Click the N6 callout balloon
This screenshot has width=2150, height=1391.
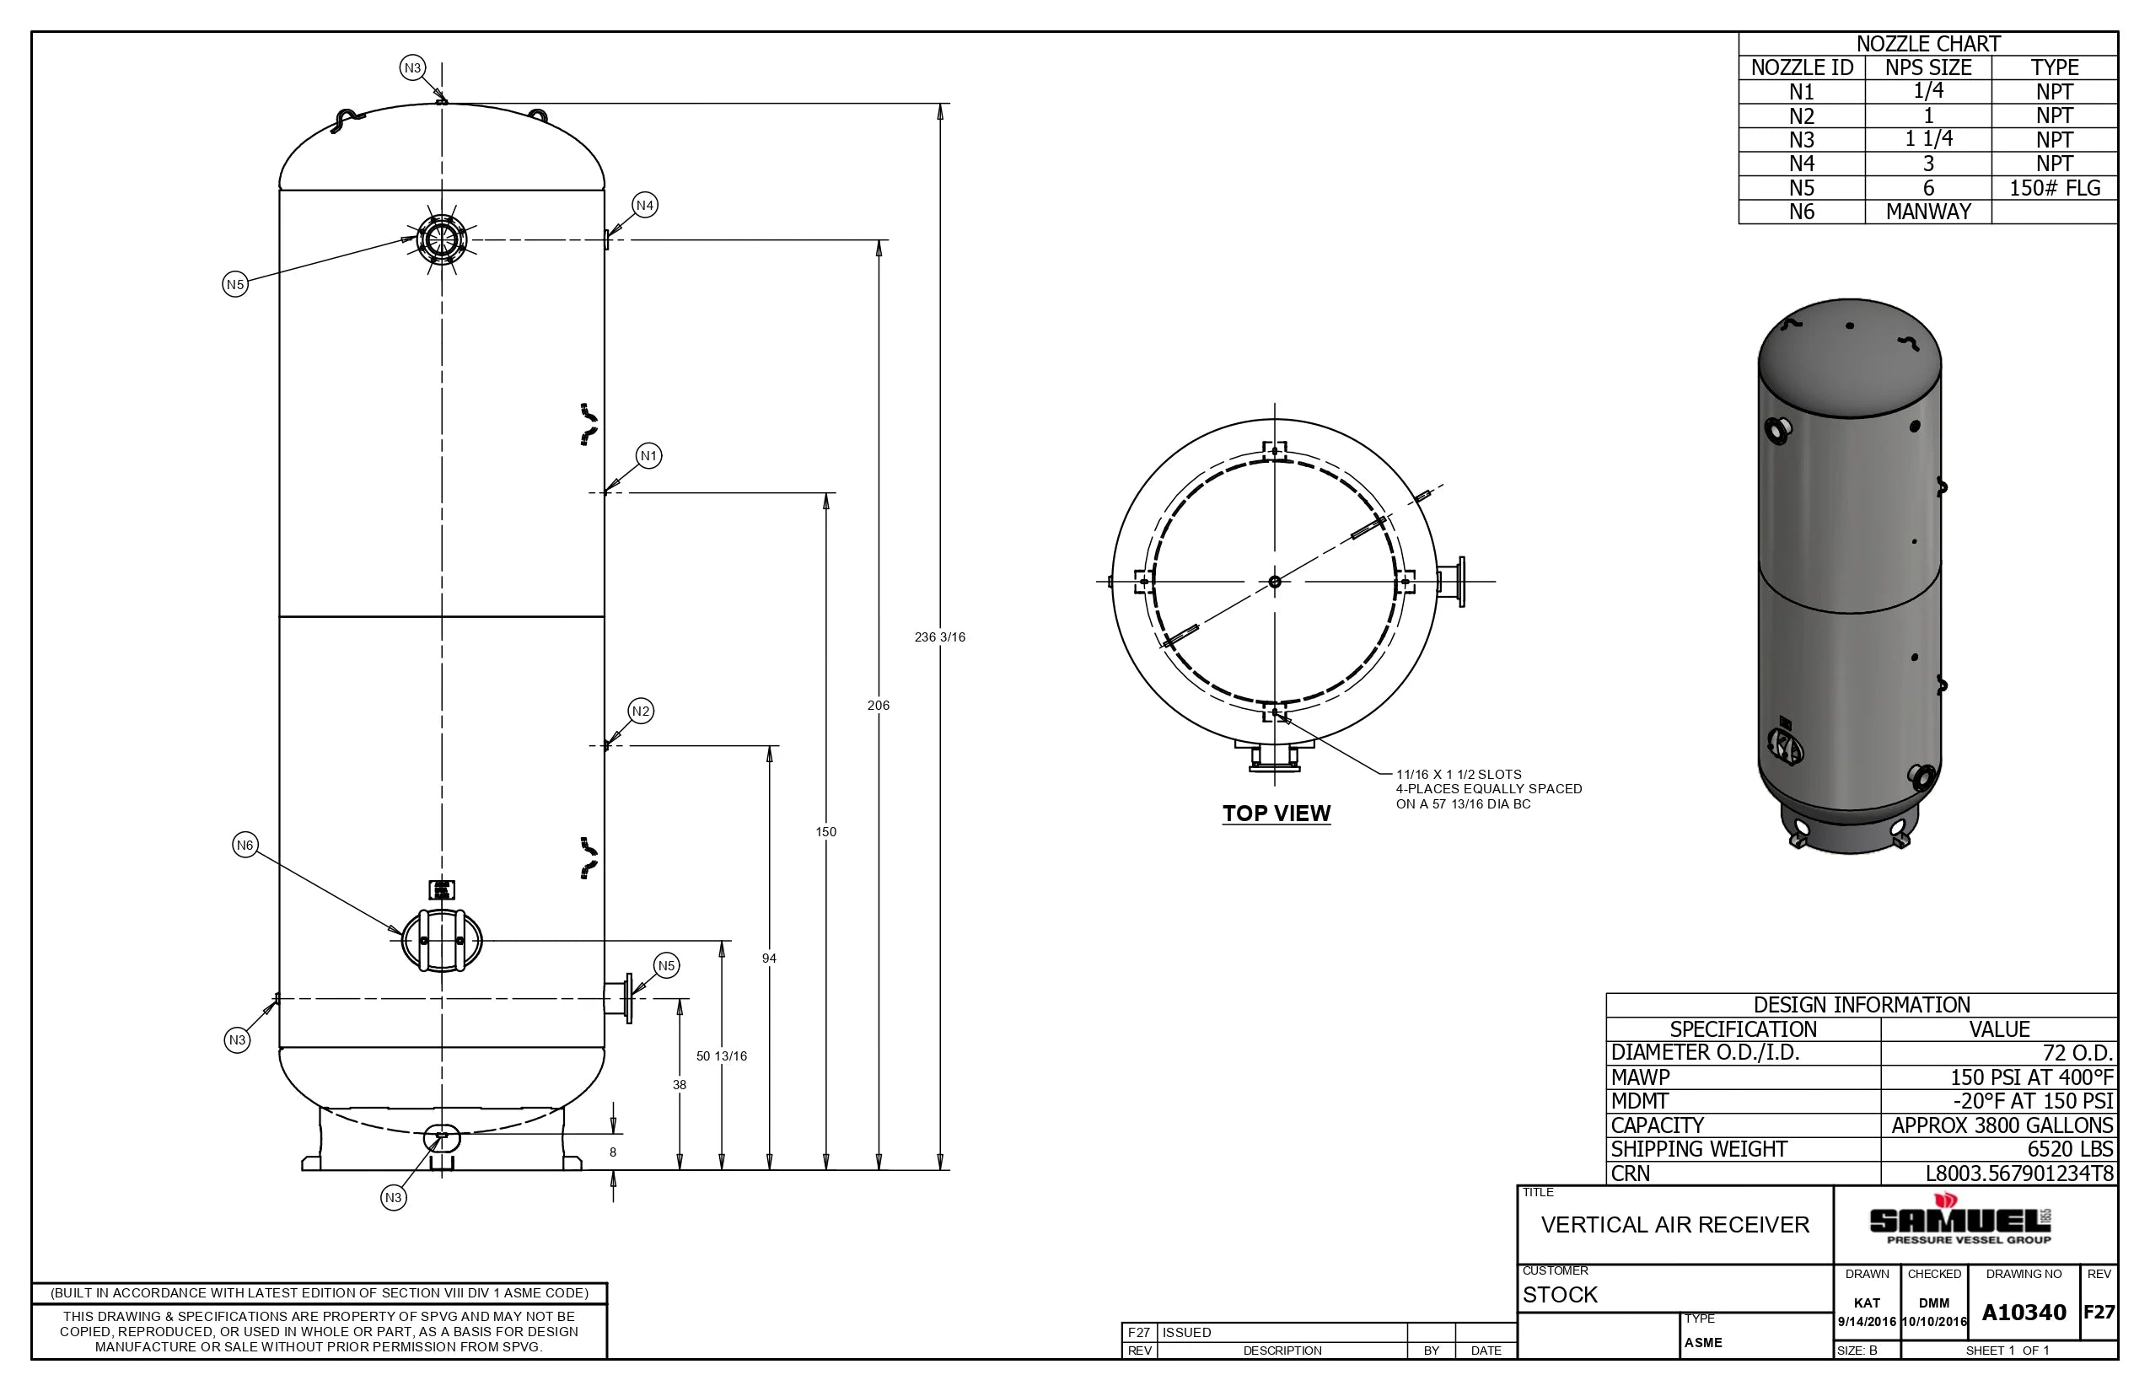click(x=245, y=845)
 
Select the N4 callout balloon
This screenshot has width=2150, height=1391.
click(x=644, y=205)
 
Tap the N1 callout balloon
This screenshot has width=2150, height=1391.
click(x=648, y=455)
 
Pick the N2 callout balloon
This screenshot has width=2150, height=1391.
click(x=641, y=711)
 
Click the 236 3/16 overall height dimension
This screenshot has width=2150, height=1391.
click(x=939, y=636)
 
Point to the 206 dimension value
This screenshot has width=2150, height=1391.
click(x=878, y=706)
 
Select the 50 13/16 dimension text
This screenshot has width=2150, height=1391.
click(x=721, y=1055)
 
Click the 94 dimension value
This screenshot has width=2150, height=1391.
click(x=769, y=959)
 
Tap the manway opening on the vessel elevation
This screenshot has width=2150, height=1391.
click(x=441, y=940)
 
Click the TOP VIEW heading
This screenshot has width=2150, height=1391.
click(x=1276, y=813)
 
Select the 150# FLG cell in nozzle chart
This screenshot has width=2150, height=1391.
click(x=2054, y=188)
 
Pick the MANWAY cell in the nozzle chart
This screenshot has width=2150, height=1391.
click(x=1927, y=212)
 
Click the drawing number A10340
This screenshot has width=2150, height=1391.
click(x=2024, y=1313)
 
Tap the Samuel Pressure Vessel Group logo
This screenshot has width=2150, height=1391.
click(x=1959, y=1222)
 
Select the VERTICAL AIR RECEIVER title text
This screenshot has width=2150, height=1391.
click(x=1674, y=1225)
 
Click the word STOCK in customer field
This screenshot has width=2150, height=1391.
click(x=1560, y=1294)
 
